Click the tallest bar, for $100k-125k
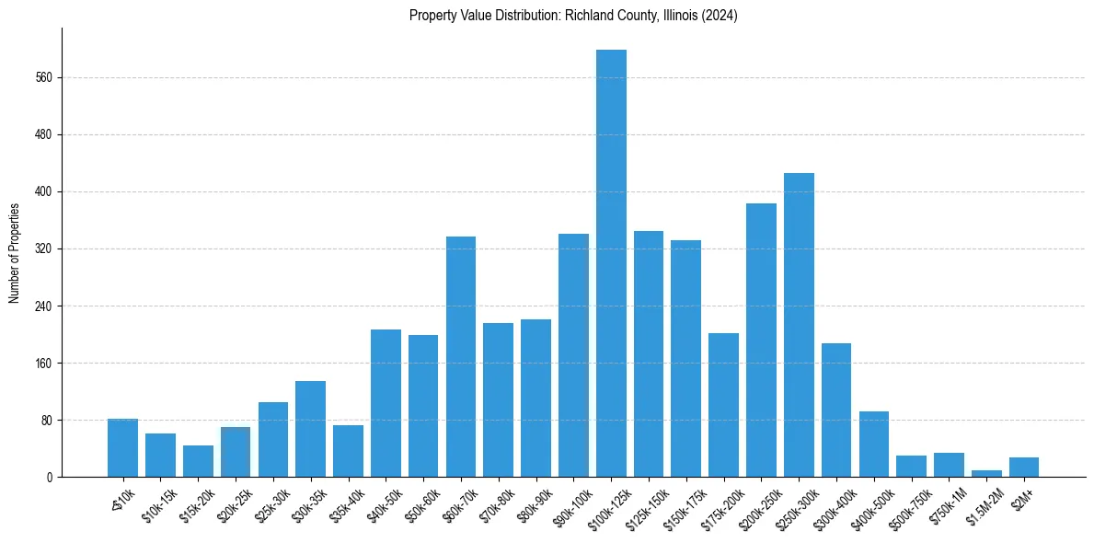tap(611, 263)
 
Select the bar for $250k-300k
tap(799, 325)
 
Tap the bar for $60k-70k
tap(461, 357)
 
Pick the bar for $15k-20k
tap(198, 461)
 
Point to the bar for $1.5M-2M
tap(986, 473)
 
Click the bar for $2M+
tap(1024, 468)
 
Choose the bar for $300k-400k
tap(836, 410)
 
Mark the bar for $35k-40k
tap(348, 451)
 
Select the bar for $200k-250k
tap(761, 341)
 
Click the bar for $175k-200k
tap(723, 405)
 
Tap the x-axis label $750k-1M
tap(948, 503)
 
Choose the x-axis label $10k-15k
tap(158, 503)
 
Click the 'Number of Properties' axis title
tap(15, 253)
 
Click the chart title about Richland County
tap(573, 16)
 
